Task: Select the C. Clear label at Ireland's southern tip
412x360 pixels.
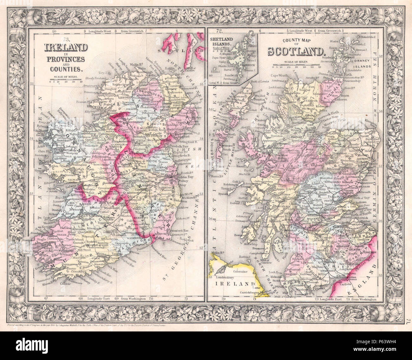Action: click(65, 283)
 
